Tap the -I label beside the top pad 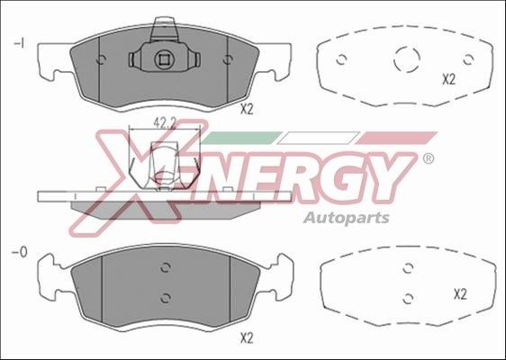(19, 43)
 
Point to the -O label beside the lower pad (19, 253)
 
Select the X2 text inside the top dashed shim (448, 79)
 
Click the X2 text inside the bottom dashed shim (459, 293)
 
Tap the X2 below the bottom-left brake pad (247, 338)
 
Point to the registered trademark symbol (428, 158)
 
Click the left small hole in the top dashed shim (342, 61)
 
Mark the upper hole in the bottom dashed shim (409, 267)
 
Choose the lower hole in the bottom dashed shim (409, 297)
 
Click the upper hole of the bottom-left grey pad (165, 267)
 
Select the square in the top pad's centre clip (164, 60)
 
